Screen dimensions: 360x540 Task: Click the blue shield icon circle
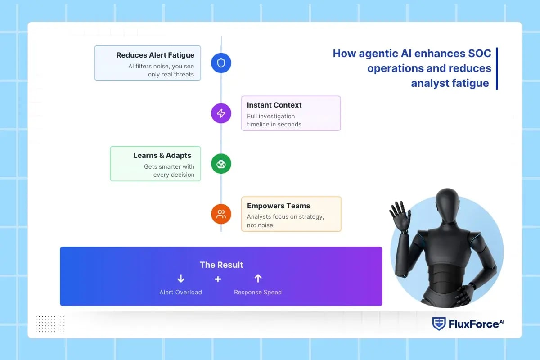[x=221, y=63]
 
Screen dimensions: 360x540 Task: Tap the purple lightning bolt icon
[x=221, y=113]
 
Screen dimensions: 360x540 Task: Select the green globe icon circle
[x=221, y=164]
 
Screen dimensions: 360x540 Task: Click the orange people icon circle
[x=221, y=214]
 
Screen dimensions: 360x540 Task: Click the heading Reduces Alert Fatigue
[x=155, y=55]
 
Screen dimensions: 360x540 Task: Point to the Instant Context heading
[x=274, y=105]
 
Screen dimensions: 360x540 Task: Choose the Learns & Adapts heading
[x=162, y=156]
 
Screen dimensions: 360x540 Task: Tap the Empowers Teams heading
[x=278, y=206]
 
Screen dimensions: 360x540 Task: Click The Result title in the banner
[x=221, y=265]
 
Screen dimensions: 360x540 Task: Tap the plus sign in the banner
[x=218, y=279]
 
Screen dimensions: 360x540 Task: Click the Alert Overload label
[x=180, y=292]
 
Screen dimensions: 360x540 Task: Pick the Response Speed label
[x=258, y=292]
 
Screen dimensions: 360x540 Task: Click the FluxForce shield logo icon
[x=439, y=324]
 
